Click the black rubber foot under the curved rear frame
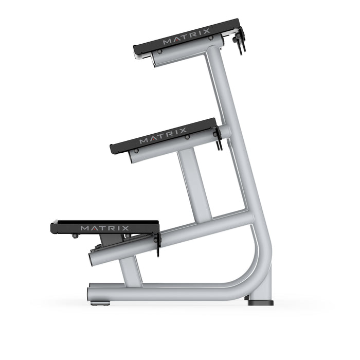pos(261,302)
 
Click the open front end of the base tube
pos(91,293)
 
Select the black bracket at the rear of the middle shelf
pos(218,138)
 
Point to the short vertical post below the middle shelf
pos(195,185)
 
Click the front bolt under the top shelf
pos(160,52)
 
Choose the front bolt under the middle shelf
pos(136,151)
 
